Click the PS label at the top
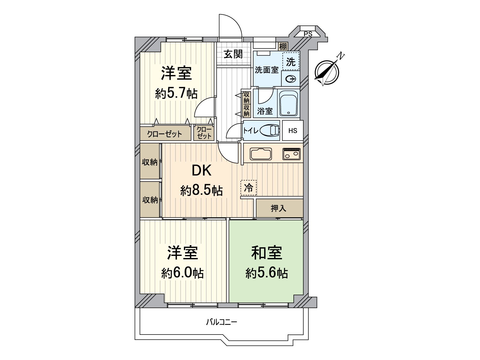pos(308,34)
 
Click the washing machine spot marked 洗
pos(291,62)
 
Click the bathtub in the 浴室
pos(289,104)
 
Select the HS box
pos(293,130)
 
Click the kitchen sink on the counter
pos(261,154)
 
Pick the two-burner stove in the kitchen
pos(291,154)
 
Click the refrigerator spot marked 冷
pos(248,188)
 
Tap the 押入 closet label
pos(279,208)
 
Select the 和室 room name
pos(266,253)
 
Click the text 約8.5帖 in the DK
pos(201,190)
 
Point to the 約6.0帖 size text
pos(182,273)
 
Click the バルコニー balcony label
pos(221,322)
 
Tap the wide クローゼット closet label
pos(165,134)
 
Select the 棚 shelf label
pos(283,46)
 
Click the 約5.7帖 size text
pos(176,94)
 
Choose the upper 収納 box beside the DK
pos(150,162)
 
